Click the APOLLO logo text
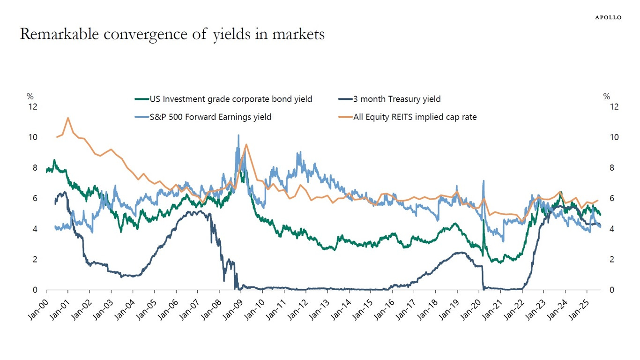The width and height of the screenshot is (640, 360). click(x=608, y=17)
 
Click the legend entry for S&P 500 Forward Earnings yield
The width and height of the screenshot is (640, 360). click(x=209, y=117)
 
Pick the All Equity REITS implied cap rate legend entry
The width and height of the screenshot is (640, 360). click(x=414, y=117)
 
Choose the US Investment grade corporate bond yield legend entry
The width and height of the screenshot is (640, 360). click(x=231, y=99)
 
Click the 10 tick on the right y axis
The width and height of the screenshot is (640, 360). click(x=614, y=137)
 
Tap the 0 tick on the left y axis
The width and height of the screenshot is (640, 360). click(x=35, y=290)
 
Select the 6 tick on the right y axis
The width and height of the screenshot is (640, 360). click(x=611, y=198)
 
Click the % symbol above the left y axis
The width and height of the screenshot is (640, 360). click(x=30, y=97)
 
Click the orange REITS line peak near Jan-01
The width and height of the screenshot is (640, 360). click(x=68, y=118)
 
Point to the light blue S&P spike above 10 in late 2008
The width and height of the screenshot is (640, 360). click(x=238, y=135)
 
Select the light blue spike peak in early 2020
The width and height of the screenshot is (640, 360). click(x=483, y=181)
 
